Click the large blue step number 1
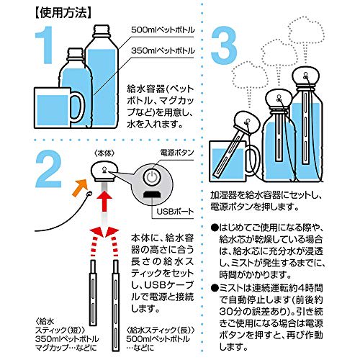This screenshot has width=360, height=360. click(45, 45)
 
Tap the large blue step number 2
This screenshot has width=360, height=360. click(49, 168)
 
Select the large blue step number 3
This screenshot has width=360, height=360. click(224, 45)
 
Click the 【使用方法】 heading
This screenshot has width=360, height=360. click(63, 13)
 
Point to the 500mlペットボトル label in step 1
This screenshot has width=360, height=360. click(163, 30)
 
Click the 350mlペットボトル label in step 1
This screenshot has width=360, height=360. click(163, 50)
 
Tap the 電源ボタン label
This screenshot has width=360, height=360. click(177, 153)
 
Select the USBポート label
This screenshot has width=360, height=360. click(175, 211)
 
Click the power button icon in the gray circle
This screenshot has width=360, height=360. click(152, 178)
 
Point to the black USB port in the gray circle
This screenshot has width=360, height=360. click(152, 194)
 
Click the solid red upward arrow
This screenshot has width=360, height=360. click(104, 201)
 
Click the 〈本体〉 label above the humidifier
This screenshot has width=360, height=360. click(104, 153)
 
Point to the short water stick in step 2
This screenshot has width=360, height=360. click(93, 293)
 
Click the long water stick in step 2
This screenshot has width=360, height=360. click(116, 305)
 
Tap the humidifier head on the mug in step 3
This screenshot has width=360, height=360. click(247, 122)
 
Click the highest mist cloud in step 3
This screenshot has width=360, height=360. click(306, 31)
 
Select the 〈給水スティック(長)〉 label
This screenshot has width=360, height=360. click(161, 330)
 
